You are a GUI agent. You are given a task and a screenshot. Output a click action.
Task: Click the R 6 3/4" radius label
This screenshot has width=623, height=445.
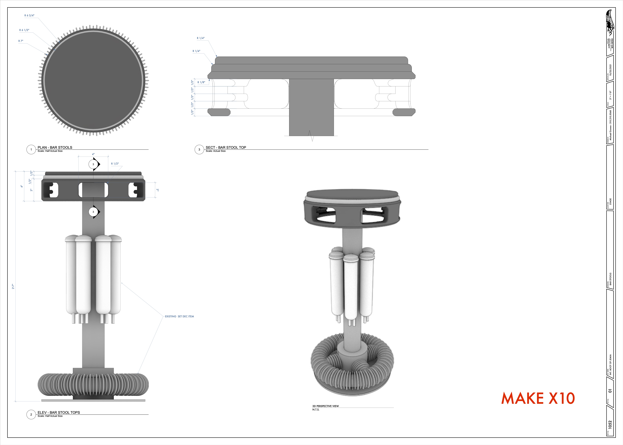(x=29, y=16)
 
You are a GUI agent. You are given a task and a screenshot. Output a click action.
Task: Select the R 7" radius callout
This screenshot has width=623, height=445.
(x=21, y=41)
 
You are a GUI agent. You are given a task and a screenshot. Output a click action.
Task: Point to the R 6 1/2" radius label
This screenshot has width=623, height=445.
(x=24, y=30)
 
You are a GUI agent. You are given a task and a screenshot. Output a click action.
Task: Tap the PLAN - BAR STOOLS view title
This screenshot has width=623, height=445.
(x=55, y=147)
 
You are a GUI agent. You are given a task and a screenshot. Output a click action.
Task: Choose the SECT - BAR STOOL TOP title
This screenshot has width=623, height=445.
(x=226, y=147)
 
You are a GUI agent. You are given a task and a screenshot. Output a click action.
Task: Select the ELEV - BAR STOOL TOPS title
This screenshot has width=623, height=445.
(x=59, y=412)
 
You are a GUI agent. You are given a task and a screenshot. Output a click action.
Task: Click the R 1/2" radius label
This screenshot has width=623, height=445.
(x=115, y=164)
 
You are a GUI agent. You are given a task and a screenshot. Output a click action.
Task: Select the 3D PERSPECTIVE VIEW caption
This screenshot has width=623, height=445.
(x=325, y=406)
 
